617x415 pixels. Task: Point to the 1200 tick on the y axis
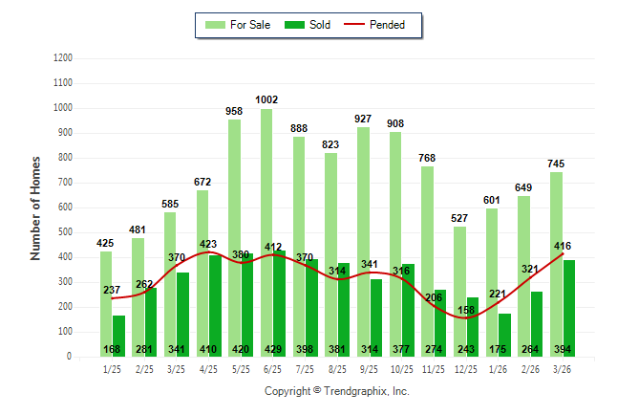pos(63,58)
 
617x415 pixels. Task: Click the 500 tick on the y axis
pos(66,232)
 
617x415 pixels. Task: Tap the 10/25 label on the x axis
pos(402,369)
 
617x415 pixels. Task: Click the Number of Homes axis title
pos(35,207)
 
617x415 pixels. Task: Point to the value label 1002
pos(266,99)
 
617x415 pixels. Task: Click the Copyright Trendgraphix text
pos(336,391)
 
